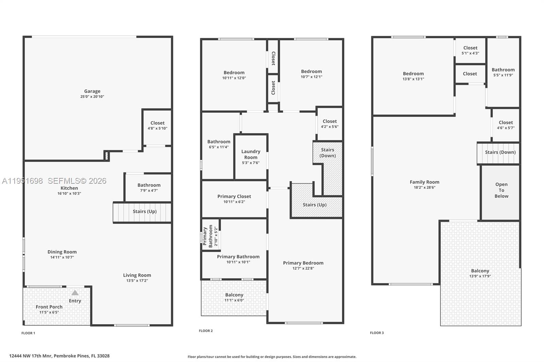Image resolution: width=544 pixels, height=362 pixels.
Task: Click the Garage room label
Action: [92, 91]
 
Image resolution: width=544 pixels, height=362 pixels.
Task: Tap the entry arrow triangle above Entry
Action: [75, 293]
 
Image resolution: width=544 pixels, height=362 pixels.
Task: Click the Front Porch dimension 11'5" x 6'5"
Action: [49, 312]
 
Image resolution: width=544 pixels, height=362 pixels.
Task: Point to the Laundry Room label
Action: [251, 154]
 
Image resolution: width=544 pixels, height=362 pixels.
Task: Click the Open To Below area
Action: [501, 190]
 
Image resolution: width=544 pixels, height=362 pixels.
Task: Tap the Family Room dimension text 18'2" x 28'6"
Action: [424, 187]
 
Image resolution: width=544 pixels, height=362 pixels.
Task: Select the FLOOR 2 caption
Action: [206, 331]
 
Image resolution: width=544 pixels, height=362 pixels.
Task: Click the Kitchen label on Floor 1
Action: [69, 188]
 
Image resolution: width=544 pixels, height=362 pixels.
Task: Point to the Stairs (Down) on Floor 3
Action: [500, 152]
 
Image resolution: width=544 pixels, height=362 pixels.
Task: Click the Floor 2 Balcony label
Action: [234, 295]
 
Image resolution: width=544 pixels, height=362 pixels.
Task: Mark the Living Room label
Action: [137, 275]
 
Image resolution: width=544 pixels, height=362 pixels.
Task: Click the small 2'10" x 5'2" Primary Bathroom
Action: [210, 236]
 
